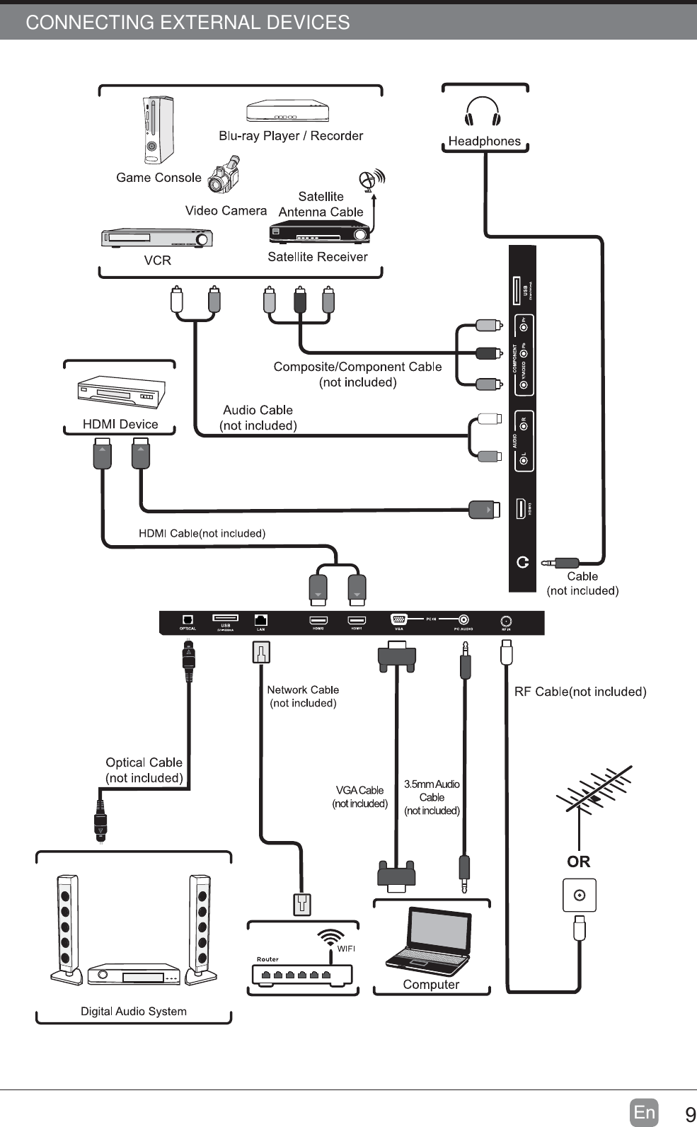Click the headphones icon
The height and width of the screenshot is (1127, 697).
click(x=483, y=111)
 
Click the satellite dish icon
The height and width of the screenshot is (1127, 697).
click(x=371, y=180)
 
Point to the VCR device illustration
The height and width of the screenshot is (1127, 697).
click(x=156, y=239)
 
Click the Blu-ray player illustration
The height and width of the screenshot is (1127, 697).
click(x=287, y=112)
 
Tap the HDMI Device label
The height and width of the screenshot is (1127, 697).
click(x=120, y=424)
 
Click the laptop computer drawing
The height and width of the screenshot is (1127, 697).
click(x=429, y=941)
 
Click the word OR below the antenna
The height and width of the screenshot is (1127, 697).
click(x=578, y=862)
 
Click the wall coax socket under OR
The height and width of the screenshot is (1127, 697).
click(x=579, y=896)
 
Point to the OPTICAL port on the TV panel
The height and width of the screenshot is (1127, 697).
click(x=188, y=619)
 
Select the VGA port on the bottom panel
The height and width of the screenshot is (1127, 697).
click(x=398, y=619)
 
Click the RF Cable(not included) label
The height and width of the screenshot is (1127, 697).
click(x=580, y=692)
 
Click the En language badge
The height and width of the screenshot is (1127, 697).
click(x=644, y=1113)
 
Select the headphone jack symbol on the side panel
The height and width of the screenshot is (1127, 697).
click(x=523, y=562)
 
